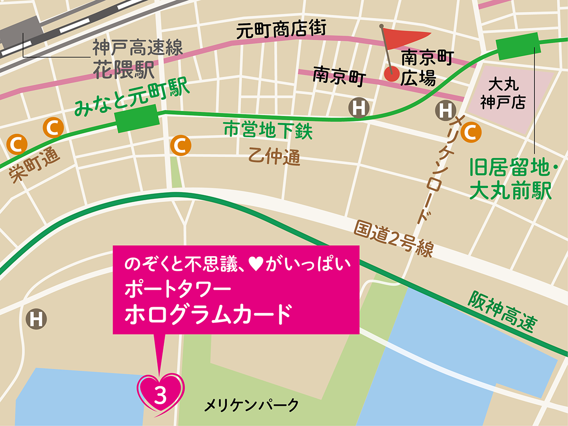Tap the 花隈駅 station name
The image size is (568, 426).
coord(124,69)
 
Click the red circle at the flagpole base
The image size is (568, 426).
coord(391,73)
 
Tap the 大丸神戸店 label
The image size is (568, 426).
coord(503,94)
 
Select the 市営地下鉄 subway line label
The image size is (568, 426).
coord(268,131)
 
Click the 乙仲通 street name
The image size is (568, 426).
coord(275,156)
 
